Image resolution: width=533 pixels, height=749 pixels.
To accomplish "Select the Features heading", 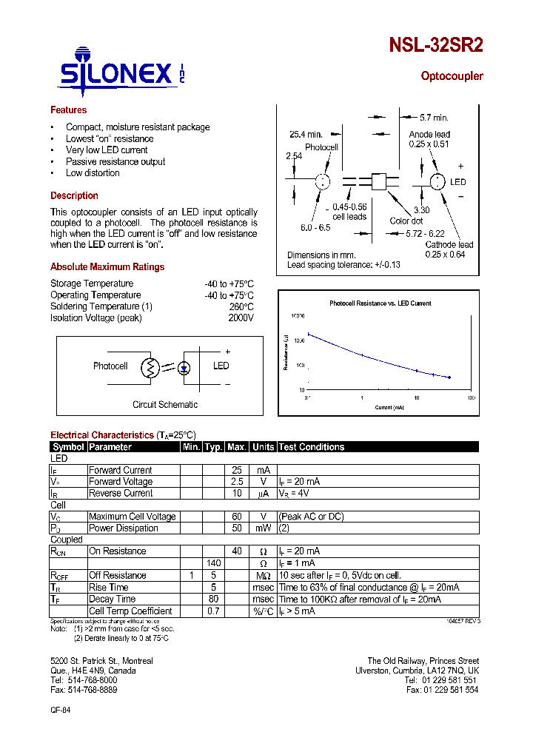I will pyautogui.click(x=68, y=110).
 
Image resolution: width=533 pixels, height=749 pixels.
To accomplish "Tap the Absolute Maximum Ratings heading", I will pyautogui.click(x=107, y=267).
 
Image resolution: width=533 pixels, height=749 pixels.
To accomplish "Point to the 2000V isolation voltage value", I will pyautogui.click(x=241, y=318).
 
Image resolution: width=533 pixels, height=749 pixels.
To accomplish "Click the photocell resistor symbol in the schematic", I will pyautogui.click(x=151, y=366).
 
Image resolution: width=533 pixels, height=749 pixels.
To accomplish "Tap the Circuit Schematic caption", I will pyautogui.click(x=165, y=405).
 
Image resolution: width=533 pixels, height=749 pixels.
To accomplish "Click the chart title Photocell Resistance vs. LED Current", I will pyautogui.click(x=380, y=303).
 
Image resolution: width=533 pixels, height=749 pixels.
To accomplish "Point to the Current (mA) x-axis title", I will pyautogui.click(x=389, y=407).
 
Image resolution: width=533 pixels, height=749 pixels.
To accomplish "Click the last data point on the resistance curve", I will pyautogui.click(x=449, y=377).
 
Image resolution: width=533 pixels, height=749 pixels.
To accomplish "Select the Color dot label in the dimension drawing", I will pyautogui.click(x=406, y=221).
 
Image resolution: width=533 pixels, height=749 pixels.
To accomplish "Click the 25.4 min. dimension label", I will pyautogui.click(x=305, y=135).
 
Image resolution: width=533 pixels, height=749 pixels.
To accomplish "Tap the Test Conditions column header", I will pyautogui.click(x=312, y=447).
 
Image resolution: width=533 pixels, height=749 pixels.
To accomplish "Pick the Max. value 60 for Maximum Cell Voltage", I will pyautogui.click(x=237, y=517).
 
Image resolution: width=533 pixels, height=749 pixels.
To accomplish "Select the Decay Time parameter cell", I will pyautogui.click(x=112, y=599).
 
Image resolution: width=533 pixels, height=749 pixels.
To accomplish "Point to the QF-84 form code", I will pyautogui.click(x=61, y=709).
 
